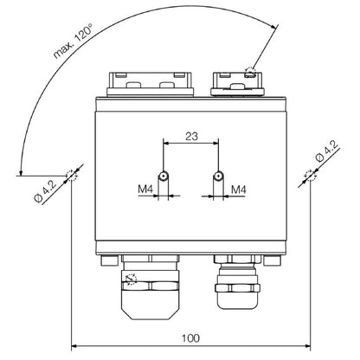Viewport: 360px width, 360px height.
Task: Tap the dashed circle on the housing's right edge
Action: (308, 177)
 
